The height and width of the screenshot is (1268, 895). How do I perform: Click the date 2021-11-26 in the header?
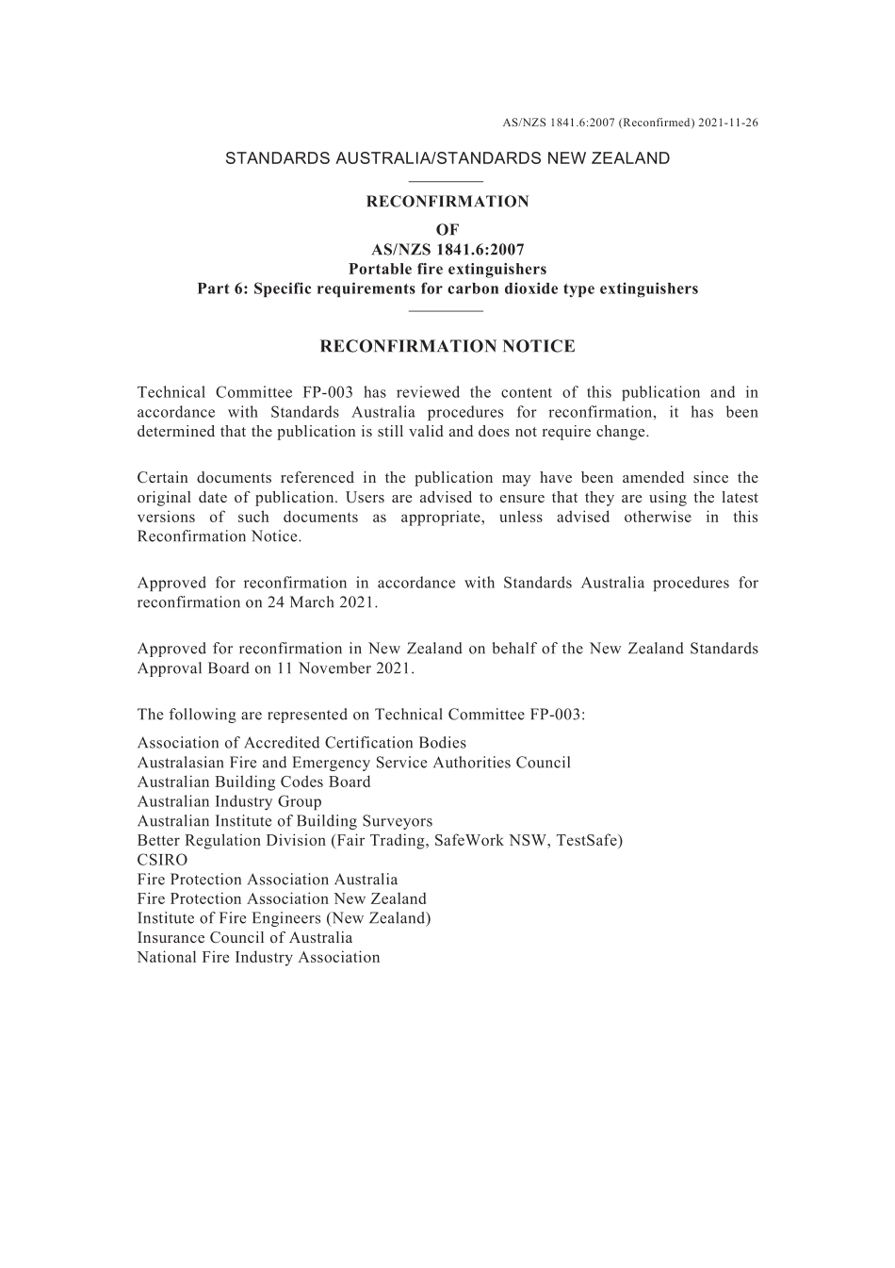coord(728,123)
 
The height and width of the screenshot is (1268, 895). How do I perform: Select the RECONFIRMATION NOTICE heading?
coord(447,346)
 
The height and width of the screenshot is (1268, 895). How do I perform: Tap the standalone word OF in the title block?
coord(447,229)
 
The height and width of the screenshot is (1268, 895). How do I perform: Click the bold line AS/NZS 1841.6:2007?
coord(447,250)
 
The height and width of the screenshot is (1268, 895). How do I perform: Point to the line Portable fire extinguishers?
coord(447,270)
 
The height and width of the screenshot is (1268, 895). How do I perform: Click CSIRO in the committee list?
coord(162,860)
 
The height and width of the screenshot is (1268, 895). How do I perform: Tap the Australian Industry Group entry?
coord(229,801)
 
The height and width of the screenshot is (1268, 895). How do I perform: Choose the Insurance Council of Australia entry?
coord(245,938)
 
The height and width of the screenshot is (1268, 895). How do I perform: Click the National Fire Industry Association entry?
coord(258,958)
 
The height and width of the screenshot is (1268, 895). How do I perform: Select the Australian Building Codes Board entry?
coord(253,782)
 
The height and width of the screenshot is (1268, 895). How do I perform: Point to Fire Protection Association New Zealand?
coord(282,899)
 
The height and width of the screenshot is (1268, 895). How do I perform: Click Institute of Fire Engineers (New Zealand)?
coord(284,918)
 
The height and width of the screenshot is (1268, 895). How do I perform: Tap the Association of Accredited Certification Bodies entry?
coord(301,743)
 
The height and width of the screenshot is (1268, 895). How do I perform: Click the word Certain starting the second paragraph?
coord(164,478)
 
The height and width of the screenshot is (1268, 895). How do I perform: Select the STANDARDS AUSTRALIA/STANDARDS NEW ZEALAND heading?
coord(447,158)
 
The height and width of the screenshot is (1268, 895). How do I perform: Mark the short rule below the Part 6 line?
coord(447,310)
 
